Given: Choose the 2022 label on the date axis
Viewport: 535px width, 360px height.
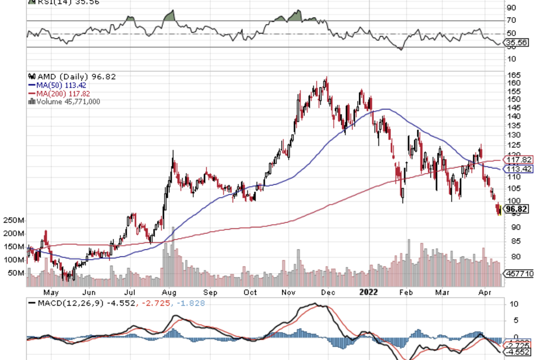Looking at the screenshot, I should (x=369, y=292).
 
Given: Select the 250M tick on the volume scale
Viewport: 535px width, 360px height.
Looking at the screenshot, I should (x=13, y=221).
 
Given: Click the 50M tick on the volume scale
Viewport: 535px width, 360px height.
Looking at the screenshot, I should (x=15, y=273).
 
